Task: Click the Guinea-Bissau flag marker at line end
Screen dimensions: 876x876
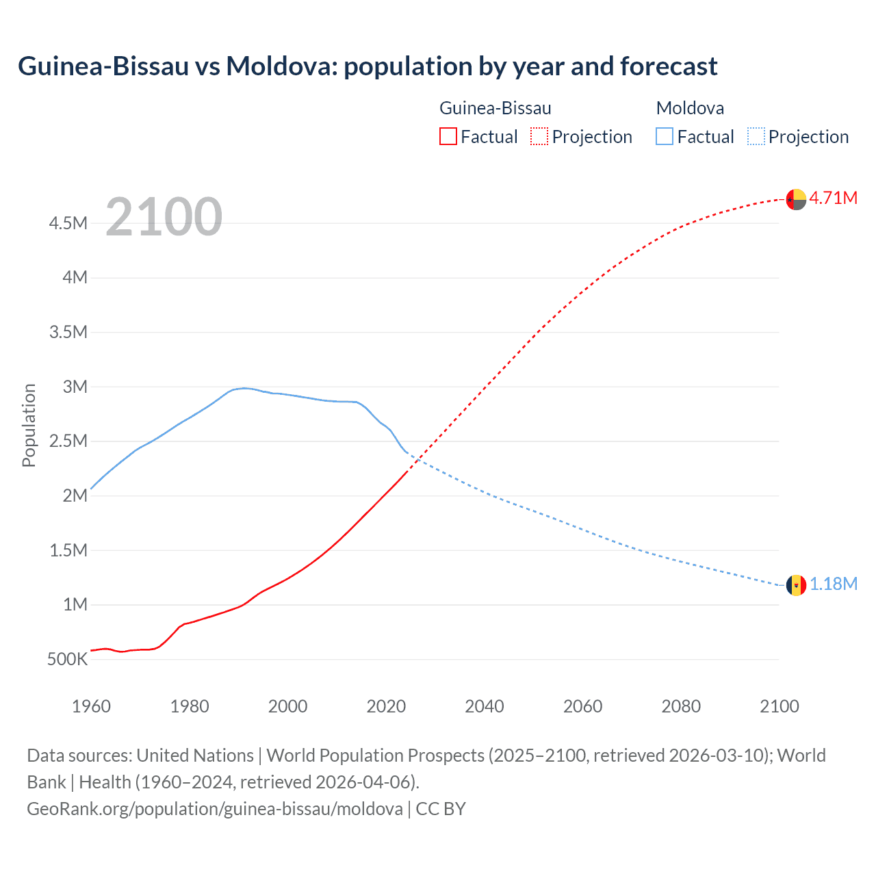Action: click(x=796, y=199)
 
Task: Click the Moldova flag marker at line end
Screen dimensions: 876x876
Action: click(x=796, y=585)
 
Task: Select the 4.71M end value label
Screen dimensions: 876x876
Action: click(x=833, y=198)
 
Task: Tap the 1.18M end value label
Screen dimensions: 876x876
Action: click(x=833, y=584)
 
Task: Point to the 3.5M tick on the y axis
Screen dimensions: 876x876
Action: click(x=68, y=333)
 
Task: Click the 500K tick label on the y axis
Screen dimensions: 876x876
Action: click(x=67, y=660)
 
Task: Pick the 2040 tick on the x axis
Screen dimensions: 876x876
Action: click(x=484, y=706)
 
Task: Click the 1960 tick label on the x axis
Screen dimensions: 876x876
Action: click(x=91, y=706)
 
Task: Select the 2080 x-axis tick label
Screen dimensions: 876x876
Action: click(x=681, y=706)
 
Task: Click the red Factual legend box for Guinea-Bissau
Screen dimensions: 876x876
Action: click(x=448, y=136)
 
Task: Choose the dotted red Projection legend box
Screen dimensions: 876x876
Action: click(x=539, y=136)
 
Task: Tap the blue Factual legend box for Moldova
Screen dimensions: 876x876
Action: click(x=665, y=136)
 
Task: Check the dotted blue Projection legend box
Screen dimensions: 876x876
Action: click(x=756, y=136)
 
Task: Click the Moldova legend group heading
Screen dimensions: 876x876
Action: click(x=690, y=108)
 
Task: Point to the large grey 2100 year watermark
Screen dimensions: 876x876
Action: click(x=164, y=217)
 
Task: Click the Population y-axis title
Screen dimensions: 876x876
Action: click(x=29, y=425)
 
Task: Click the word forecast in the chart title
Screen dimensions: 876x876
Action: click(x=669, y=66)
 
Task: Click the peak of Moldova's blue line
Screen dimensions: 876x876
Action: click(x=244, y=388)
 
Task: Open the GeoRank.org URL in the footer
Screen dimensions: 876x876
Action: click(x=214, y=809)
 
